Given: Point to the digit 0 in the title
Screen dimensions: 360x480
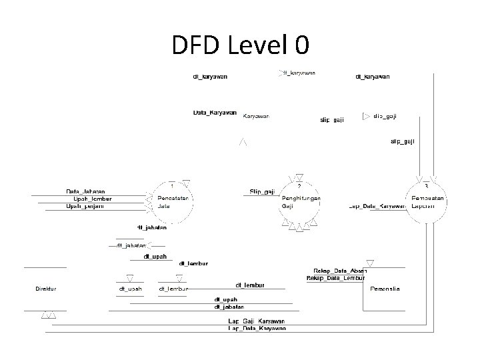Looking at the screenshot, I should pyautogui.click(x=301, y=45).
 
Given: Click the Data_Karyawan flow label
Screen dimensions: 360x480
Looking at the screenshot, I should pyautogui.click(x=215, y=113).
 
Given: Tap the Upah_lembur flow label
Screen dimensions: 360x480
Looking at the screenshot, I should pyautogui.click(x=92, y=199).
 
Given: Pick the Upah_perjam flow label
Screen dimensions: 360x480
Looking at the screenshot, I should pyautogui.click(x=88, y=206).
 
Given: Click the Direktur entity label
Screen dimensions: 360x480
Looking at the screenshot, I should pyautogui.click(x=46, y=289).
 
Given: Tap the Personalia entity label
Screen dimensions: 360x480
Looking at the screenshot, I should pyautogui.click(x=385, y=289).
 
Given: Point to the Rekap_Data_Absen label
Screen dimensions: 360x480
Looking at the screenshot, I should pyautogui.click(x=340, y=271).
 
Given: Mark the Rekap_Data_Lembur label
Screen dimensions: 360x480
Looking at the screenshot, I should pyautogui.click(x=337, y=277).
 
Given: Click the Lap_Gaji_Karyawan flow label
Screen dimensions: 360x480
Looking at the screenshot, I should pyautogui.click(x=257, y=321).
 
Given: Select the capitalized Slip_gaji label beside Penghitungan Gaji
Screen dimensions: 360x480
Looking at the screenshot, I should pyautogui.click(x=262, y=192).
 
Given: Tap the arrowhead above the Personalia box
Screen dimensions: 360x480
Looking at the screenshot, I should pyautogui.click(x=369, y=263).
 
